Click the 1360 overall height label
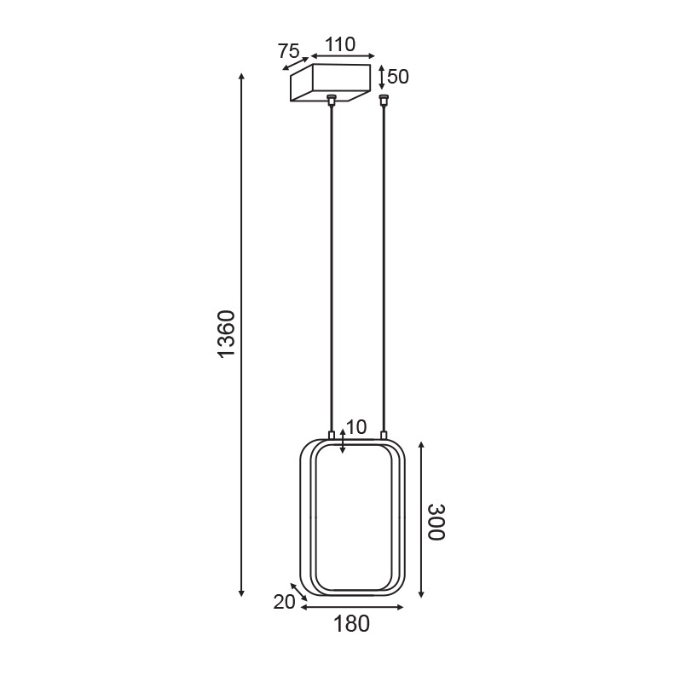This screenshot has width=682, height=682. [225, 333]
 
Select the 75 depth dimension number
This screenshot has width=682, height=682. [289, 50]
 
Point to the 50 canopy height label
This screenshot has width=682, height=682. [398, 77]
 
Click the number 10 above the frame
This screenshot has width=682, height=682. [355, 426]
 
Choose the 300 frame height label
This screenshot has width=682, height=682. [436, 522]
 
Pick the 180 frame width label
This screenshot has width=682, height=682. [351, 624]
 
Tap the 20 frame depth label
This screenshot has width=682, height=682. [284, 602]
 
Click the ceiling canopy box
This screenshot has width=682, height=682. [332, 83]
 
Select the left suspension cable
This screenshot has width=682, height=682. [332, 264]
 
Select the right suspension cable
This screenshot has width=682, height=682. [384, 264]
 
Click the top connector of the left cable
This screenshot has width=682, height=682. [332, 101]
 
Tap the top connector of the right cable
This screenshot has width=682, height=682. [384, 100]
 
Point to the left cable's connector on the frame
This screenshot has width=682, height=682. [332, 436]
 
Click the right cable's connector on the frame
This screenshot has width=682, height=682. [384, 436]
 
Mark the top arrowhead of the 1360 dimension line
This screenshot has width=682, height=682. [242, 78]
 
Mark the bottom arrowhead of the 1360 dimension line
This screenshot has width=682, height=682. [242, 592]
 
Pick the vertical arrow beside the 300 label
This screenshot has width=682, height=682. [421, 520]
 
